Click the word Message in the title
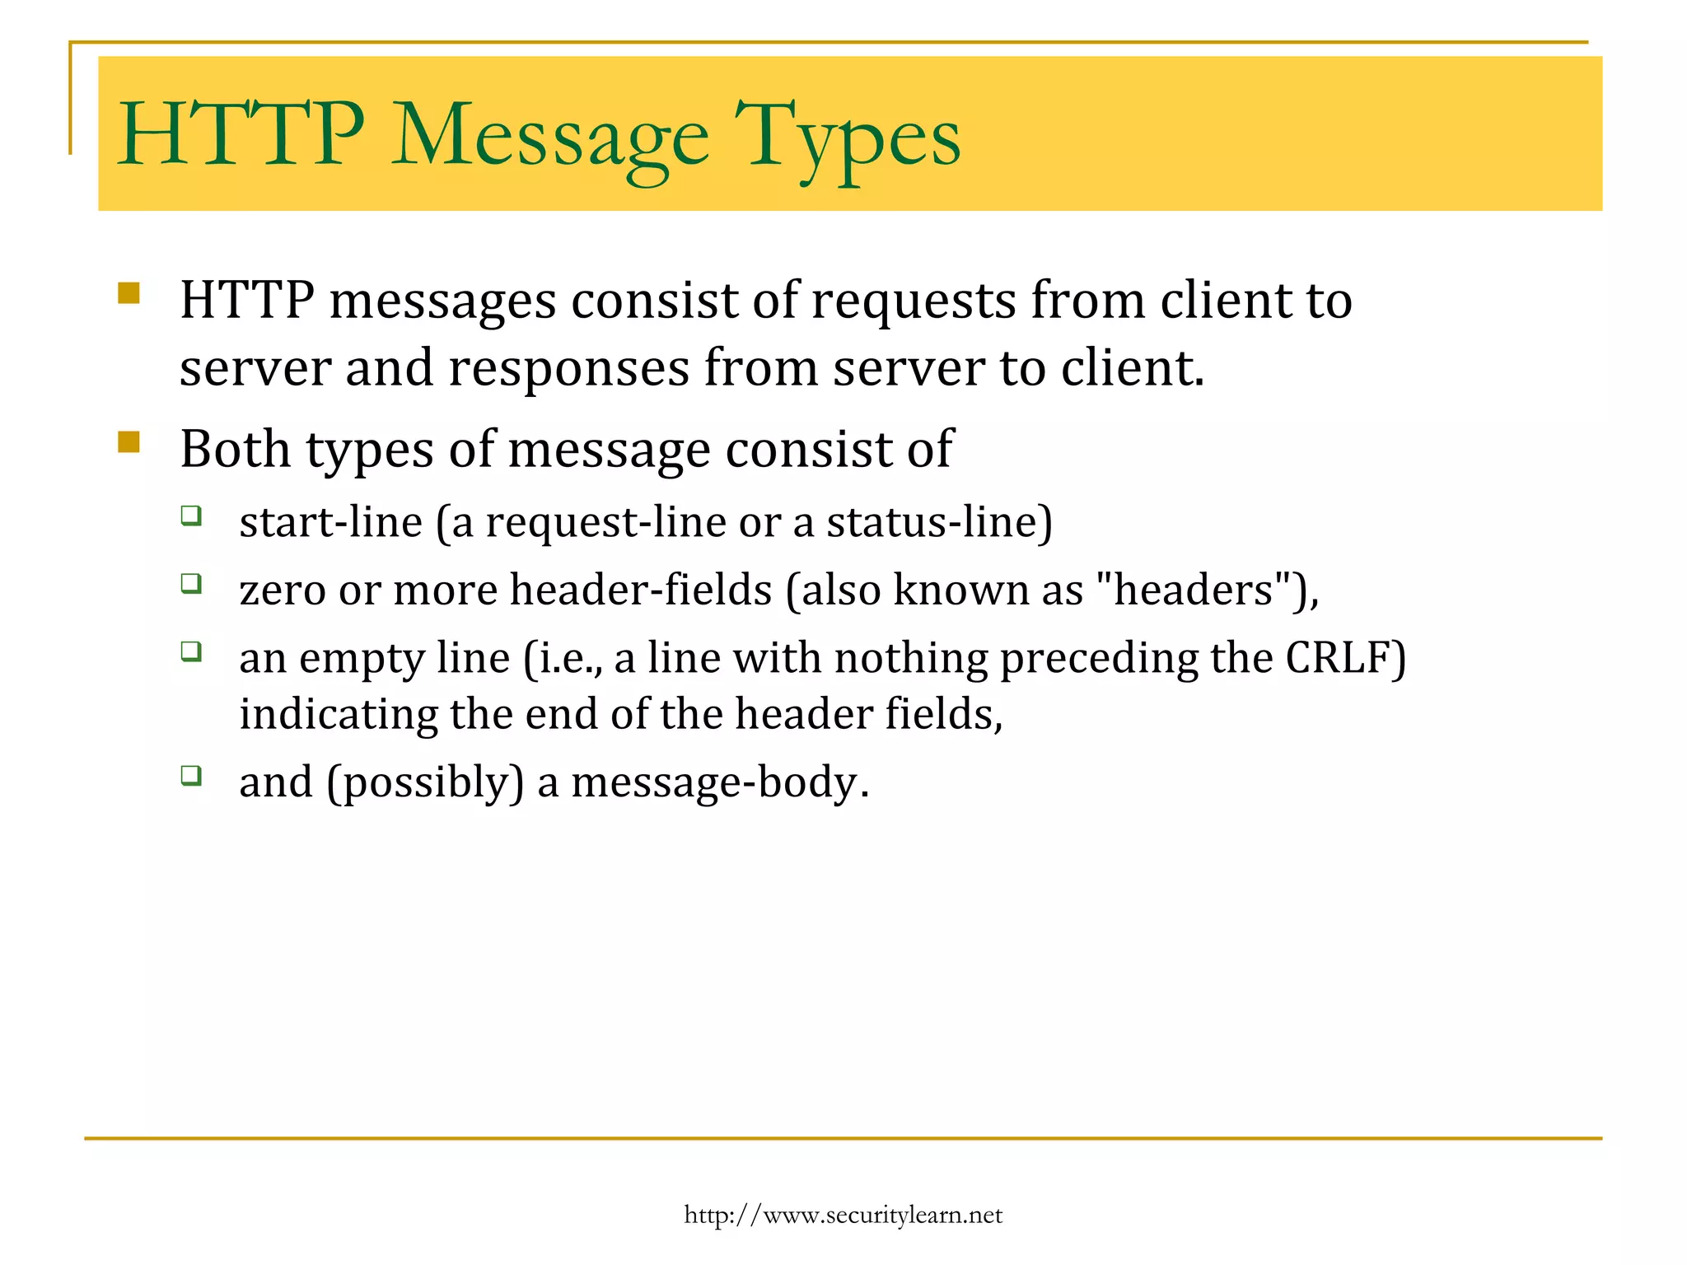[x=549, y=136]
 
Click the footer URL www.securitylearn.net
[x=843, y=1215]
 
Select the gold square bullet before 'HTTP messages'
[x=129, y=294]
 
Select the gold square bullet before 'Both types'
[x=129, y=442]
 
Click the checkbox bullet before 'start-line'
[x=191, y=516]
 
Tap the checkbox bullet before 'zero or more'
[x=191, y=584]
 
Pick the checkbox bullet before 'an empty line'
[x=191, y=651]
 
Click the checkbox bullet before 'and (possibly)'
[x=191, y=775]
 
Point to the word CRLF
[x=1345, y=658]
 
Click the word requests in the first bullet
[x=914, y=301]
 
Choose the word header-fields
[x=641, y=590]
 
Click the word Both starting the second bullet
[x=236, y=450]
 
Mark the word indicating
[x=338, y=714]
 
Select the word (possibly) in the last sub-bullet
[x=425, y=782]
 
